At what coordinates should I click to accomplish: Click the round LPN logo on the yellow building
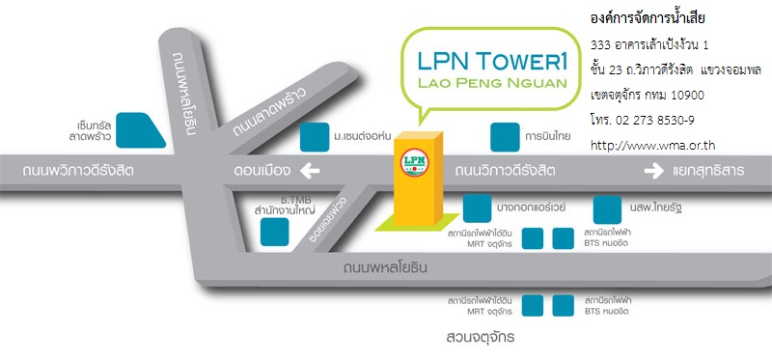[415, 162]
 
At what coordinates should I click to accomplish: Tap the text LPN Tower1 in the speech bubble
[492, 61]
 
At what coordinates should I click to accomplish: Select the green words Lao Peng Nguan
[492, 83]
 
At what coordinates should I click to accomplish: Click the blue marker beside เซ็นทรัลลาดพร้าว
[141, 130]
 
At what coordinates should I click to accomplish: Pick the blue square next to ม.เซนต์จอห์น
[315, 137]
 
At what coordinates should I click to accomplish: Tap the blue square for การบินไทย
[505, 137]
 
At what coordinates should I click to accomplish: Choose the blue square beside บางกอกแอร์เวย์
[478, 208]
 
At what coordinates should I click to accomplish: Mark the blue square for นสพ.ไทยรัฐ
[607, 209]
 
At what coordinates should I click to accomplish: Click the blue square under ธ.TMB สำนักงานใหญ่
[274, 232]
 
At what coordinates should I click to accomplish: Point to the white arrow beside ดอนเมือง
[310, 172]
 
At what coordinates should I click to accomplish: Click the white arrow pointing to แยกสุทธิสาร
[654, 172]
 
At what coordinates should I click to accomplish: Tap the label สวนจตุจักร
[480, 338]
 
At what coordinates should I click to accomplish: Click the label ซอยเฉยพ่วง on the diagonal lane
[328, 220]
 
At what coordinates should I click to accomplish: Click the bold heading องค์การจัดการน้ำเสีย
[648, 19]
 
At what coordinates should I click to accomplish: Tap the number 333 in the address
[598, 45]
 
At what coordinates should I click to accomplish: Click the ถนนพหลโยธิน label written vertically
[184, 93]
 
